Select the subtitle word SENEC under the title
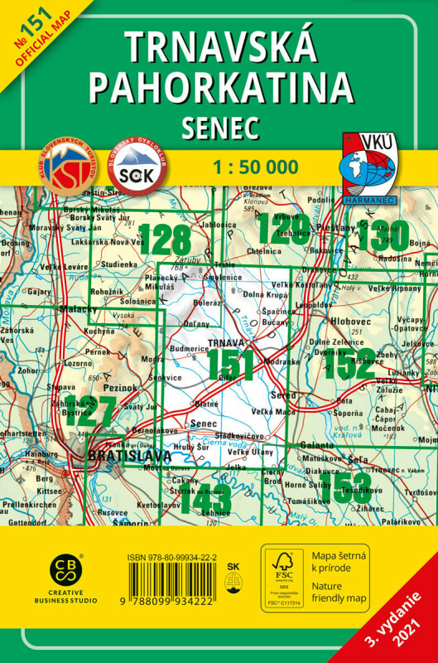point(219,126)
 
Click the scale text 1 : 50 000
point(255,167)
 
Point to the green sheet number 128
point(166,240)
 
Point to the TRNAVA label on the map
point(224,342)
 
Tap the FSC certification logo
point(283,572)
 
